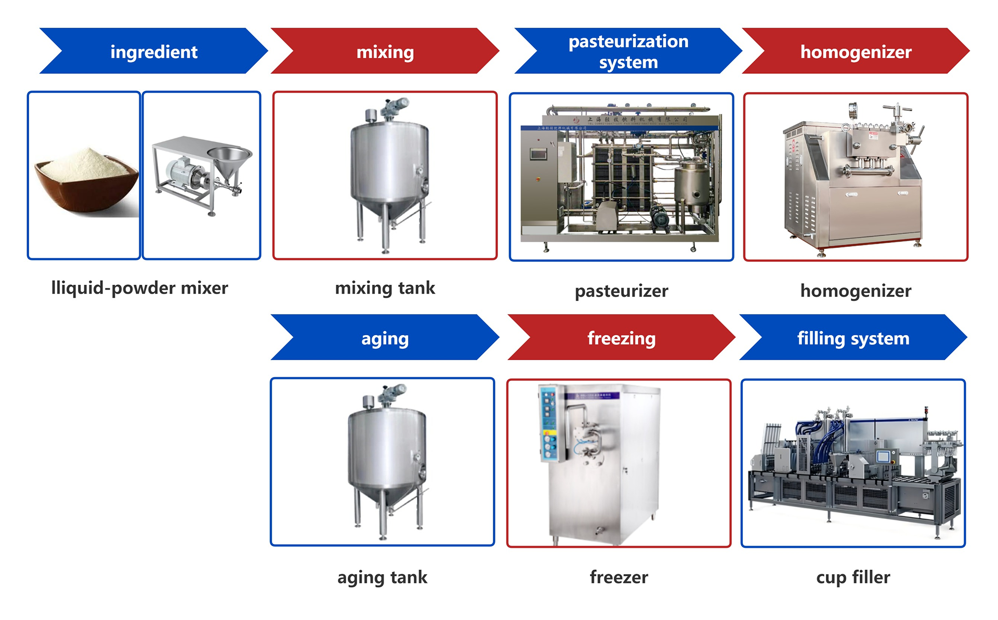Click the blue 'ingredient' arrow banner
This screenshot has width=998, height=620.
coord(154,51)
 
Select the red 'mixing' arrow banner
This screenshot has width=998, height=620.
coord(385,51)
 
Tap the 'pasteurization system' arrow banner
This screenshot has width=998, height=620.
coord(628,51)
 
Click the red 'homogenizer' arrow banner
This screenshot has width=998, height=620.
coord(856,51)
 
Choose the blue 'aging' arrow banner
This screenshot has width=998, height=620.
coord(385,338)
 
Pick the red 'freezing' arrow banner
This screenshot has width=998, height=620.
coord(621,338)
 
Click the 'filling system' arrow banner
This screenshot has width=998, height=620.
coord(853,338)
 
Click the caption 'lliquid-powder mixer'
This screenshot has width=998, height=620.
coord(139,288)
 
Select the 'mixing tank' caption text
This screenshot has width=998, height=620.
coord(385,288)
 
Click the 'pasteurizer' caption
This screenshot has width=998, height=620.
coord(621,291)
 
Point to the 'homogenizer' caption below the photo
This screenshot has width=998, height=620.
coord(856,291)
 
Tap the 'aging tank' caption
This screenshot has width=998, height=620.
coord(382,577)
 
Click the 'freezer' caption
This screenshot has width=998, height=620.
coord(619,577)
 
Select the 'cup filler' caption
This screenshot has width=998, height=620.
coord(853,577)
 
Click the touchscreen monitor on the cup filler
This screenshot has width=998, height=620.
coord(883,457)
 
